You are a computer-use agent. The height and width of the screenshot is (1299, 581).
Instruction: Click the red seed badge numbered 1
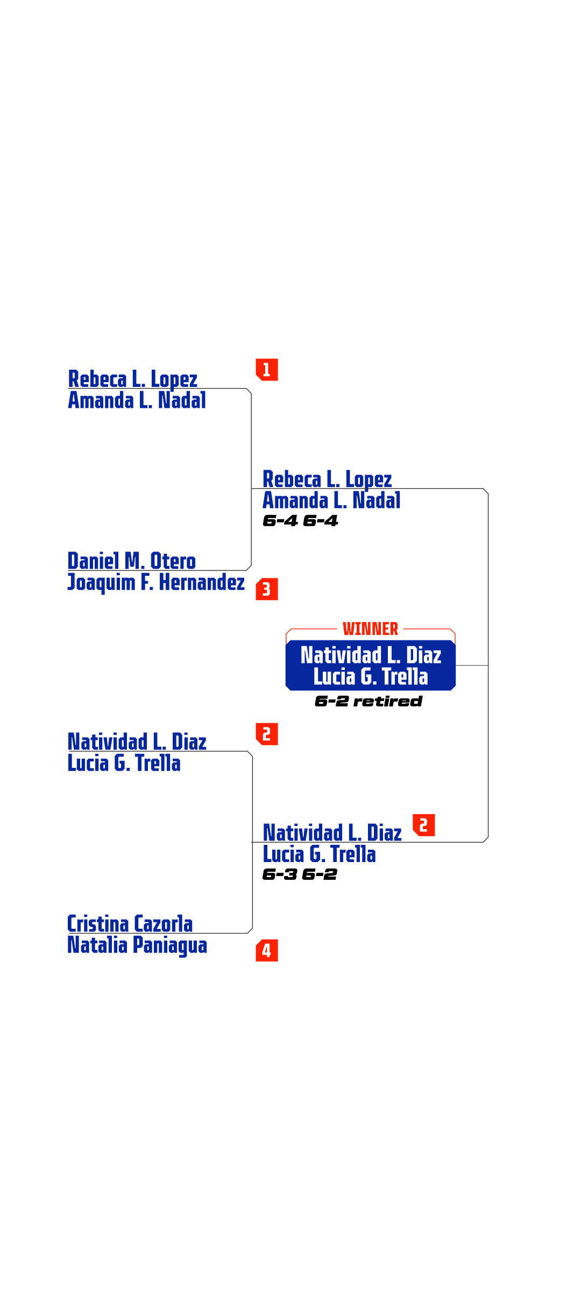click(267, 370)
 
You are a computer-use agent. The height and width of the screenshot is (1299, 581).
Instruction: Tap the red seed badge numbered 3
click(267, 589)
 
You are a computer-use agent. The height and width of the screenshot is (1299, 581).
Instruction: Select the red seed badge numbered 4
click(267, 950)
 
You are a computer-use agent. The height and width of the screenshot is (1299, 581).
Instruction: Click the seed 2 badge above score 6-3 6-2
click(424, 825)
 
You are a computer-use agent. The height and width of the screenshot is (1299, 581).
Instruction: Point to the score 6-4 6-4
click(300, 521)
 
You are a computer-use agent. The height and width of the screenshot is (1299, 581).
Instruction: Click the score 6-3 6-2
click(300, 874)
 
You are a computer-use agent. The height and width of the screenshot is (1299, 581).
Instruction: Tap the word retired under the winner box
click(388, 701)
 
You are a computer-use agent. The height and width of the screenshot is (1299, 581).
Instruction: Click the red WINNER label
click(370, 629)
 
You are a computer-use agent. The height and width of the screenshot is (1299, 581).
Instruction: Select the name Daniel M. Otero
click(132, 561)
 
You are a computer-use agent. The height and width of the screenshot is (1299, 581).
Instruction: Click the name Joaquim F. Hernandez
click(156, 582)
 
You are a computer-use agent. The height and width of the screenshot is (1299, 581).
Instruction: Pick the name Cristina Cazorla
click(130, 923)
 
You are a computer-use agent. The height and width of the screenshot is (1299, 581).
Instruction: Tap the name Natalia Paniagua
click(137, 945)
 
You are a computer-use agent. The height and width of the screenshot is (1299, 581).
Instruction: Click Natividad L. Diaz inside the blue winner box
click(371, 655)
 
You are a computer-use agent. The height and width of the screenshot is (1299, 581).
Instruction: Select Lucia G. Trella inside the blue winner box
click(371, 676)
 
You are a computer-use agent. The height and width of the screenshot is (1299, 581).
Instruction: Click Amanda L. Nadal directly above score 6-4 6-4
click(331, 500)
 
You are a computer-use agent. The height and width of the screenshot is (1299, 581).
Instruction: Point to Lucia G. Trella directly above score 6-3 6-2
click(319, 854)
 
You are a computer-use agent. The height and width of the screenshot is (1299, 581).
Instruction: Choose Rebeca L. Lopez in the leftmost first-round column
click(133, 379)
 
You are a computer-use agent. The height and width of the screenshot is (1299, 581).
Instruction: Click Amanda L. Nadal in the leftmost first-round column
click(137, 400)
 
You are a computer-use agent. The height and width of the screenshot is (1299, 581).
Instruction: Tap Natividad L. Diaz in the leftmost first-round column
click(137, 742)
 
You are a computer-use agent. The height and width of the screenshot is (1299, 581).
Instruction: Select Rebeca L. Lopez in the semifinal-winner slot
click(327, 479)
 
